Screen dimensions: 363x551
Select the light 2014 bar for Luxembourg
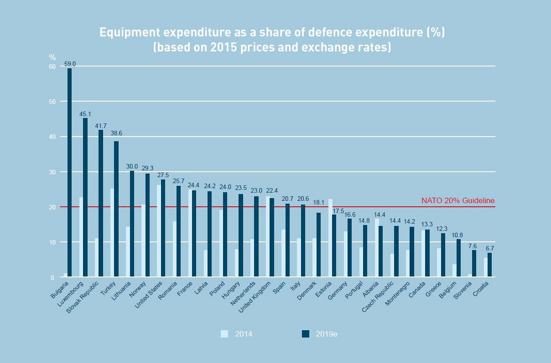(x=81, y=237)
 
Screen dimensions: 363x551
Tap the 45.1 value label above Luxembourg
(x=85, y=114)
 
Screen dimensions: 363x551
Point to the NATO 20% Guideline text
(x=457, y=200)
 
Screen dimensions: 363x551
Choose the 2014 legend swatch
(x=224, y=334)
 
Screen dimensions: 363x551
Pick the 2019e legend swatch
(x=306, y=334)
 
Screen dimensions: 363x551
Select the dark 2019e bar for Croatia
(x=490, y=265)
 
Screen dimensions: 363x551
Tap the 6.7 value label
(x=490, y=248)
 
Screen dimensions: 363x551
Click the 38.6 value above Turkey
(x=116, y=133)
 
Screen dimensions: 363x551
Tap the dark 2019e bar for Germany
(x=349, y=248)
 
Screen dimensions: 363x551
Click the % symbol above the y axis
(x=52, y=57)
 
